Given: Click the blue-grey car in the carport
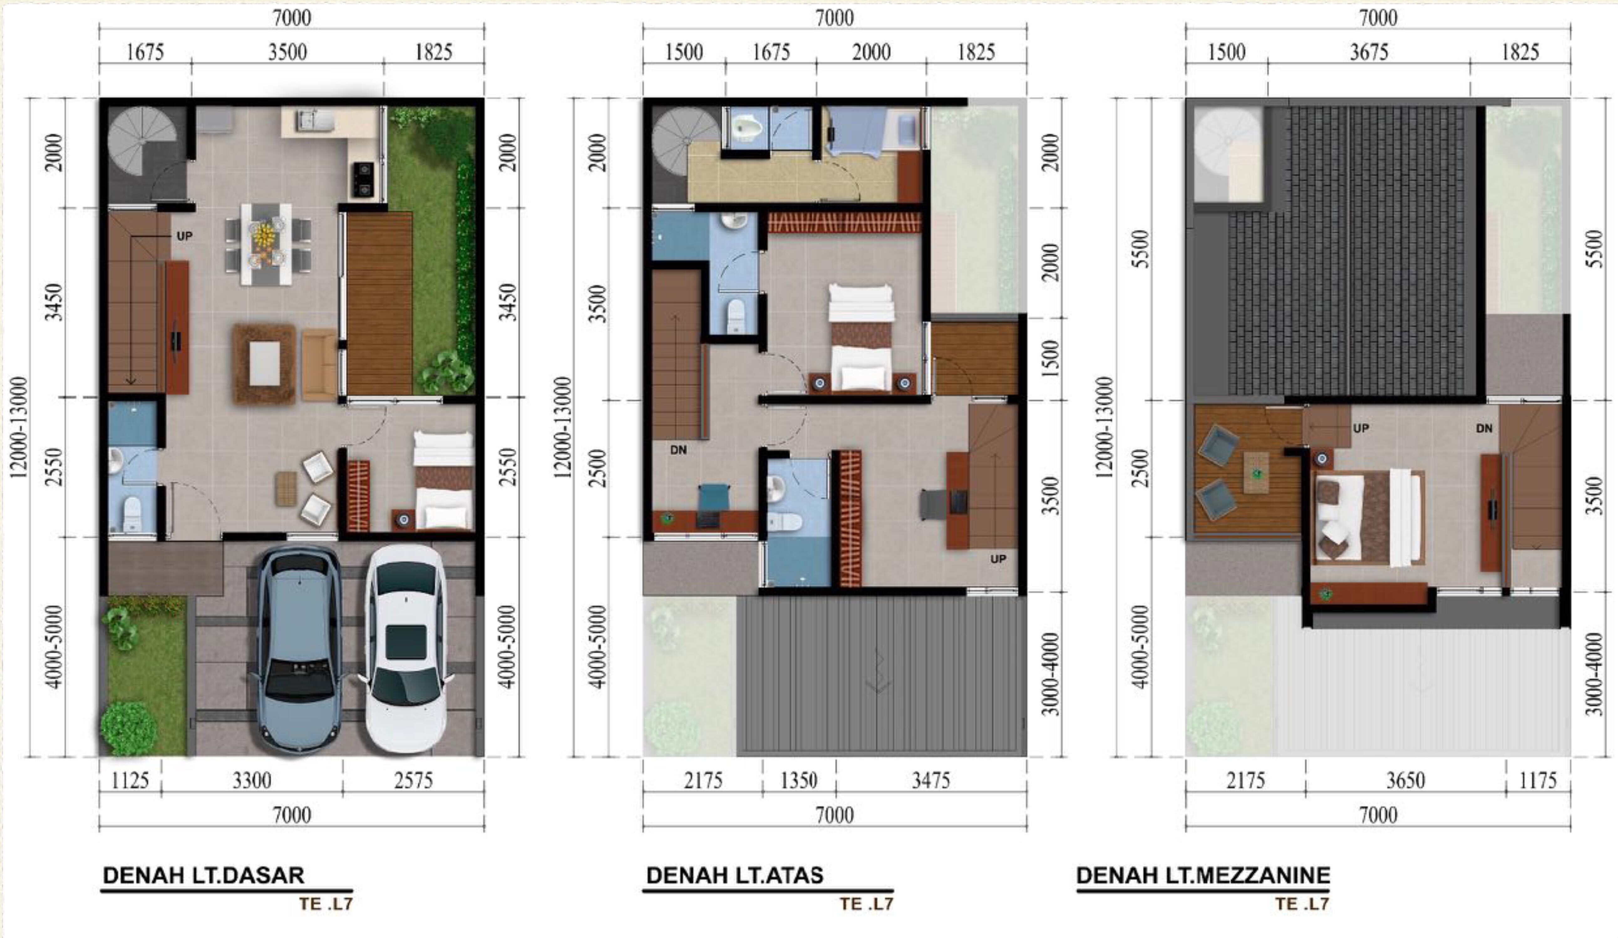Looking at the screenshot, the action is (x=299, y=648).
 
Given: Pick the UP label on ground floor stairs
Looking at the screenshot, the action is (x=184, y=236).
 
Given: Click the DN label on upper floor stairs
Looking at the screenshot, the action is (x=679, y=450).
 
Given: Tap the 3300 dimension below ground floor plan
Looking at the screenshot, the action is (x=252, y=781).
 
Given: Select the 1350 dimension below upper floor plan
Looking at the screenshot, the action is (x=799, y=781).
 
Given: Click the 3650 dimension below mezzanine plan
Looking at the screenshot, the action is (x=1405, y=781).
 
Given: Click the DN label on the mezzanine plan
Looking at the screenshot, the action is (x=1484, y=428).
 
